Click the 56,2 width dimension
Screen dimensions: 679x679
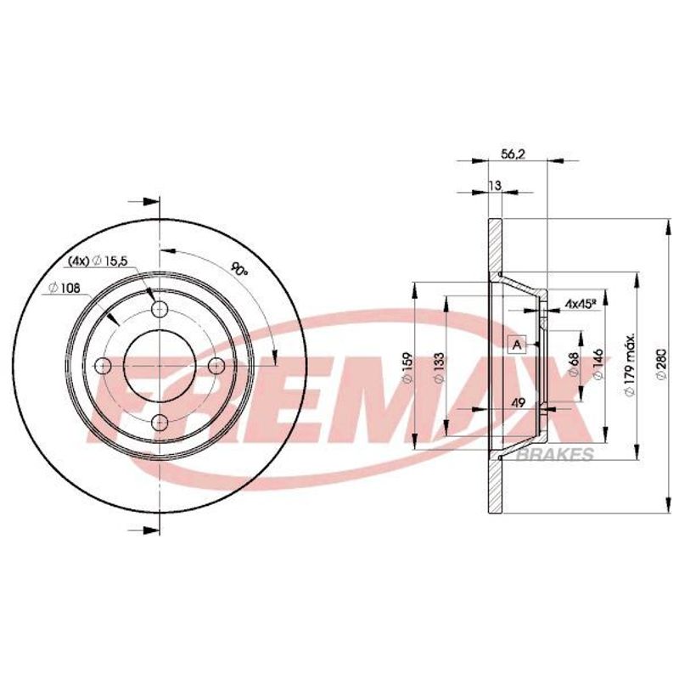coord(513,154)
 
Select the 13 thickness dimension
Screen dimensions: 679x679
coord(495,185)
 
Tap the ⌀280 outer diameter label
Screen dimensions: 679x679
coord(661,364)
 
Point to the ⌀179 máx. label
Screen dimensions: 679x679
coord(630,364)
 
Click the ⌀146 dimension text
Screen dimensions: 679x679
coord(598,364)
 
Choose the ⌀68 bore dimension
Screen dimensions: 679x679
coord(575,364)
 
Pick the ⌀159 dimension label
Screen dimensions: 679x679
coord(408,368)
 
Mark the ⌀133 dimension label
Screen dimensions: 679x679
coord(440,368)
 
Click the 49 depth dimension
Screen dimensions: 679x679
coord(518,402)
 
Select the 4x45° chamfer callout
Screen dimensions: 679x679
coord(579,305)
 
